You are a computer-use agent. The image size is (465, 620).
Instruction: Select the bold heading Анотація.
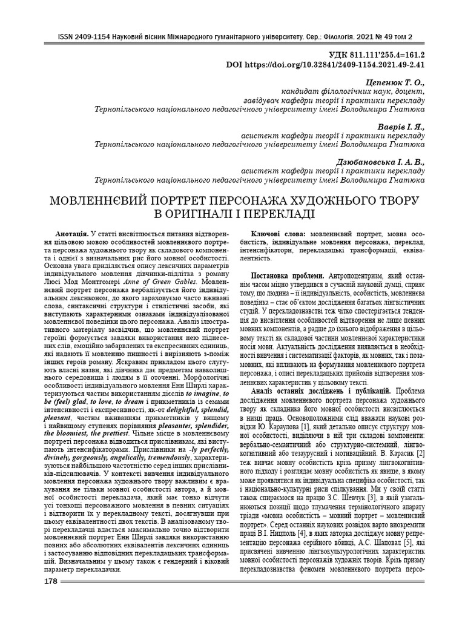coord(72,233)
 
